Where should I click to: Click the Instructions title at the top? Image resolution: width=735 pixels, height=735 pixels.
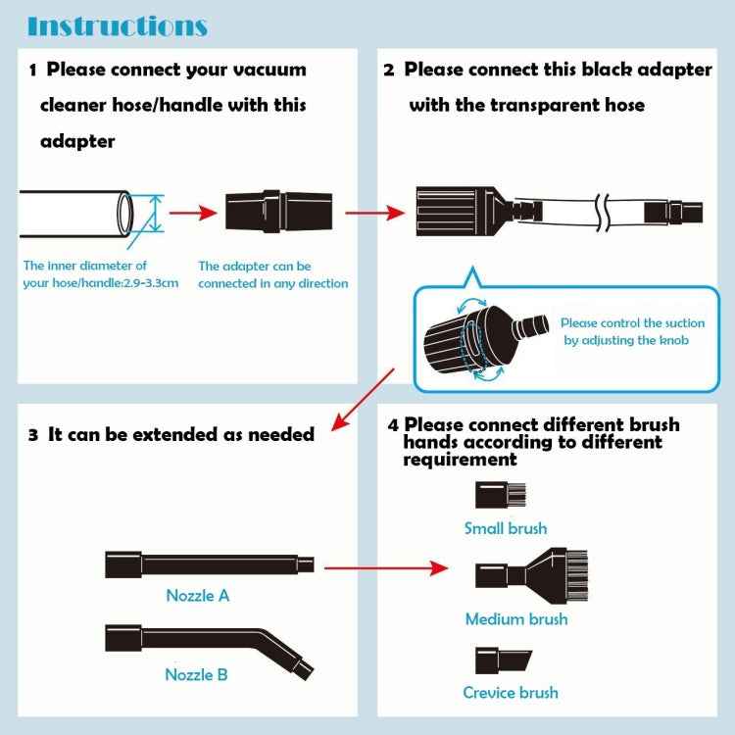[117, 25]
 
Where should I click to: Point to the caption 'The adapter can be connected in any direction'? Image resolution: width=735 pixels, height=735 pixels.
[272, 274]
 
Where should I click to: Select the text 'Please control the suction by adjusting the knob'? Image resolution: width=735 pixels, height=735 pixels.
[632, 331]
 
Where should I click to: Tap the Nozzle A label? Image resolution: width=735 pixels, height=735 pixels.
[197, 595]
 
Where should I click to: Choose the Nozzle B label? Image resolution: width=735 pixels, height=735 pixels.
[197, 674]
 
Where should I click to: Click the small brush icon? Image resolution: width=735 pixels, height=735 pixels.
[493, 495]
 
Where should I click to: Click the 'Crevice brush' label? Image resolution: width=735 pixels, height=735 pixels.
[511, 693]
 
